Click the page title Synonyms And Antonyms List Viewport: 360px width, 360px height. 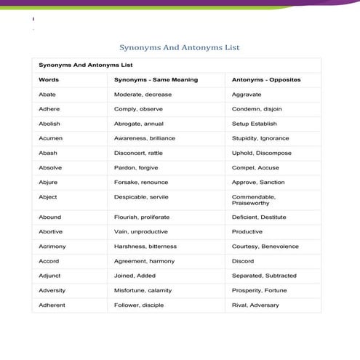(x=179, y=48)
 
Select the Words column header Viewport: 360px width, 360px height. (x=49, y=79)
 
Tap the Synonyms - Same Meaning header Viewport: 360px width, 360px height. (x=156, y=79)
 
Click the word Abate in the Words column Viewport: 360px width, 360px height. (x=47, y=95)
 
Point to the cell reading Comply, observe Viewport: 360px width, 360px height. (x=138, y=109)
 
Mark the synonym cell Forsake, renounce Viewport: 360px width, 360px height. (x=141, y=182)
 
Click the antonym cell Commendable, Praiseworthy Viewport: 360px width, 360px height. (x=254, y=200)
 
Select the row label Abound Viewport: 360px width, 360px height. (x=49, y=217)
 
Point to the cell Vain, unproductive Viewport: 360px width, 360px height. (x=140, y=231)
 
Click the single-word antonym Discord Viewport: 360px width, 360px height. (x=243, y=260)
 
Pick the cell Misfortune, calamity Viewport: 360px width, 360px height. (x=143, y=290)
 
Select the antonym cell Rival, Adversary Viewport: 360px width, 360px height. (x=255, y=305)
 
